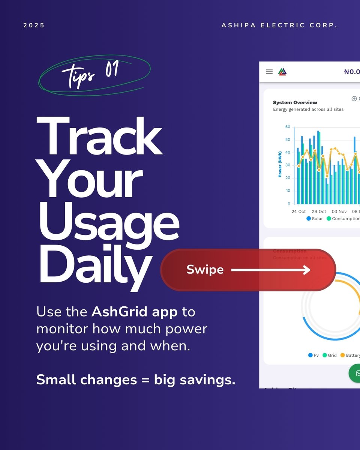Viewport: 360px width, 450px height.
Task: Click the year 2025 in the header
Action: [34, 25]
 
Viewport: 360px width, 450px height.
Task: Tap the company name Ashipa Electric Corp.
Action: [279, 25]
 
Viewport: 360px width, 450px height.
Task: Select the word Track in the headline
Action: [100, 137]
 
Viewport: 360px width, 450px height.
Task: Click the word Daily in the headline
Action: [95, 265]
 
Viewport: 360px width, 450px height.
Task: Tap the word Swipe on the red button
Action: [205, 270]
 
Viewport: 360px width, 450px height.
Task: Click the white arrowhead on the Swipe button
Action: [307, 270]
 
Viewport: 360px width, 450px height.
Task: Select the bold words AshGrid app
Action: [135, 312]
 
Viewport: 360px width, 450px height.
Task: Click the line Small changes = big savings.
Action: [136, 379]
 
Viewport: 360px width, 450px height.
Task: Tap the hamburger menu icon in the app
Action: [269, 72]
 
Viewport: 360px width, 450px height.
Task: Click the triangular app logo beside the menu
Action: [282, 72]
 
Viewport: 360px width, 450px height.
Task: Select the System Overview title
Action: [295, 102]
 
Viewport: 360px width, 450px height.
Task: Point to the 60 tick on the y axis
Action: [288, 127]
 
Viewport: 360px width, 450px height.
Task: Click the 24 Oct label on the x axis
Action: [299, 211]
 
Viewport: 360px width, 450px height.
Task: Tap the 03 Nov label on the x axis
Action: [339, 211]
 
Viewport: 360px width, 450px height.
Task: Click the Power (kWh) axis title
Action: [280, 164]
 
